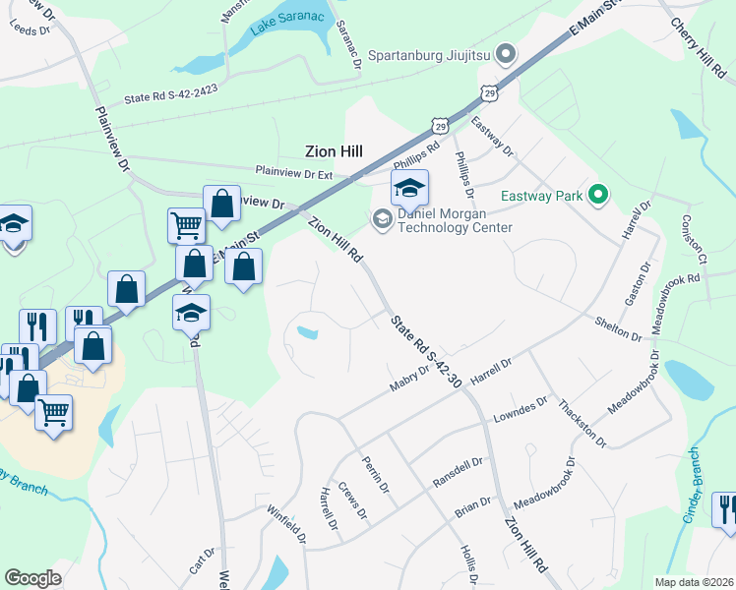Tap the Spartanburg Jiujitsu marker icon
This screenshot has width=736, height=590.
pyautogui.click(x=507, y=54)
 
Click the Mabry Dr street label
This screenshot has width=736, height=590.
pyautogui.click(x=410, y=378)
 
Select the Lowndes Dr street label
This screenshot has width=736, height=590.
pyautogui.click(x=521, y=409)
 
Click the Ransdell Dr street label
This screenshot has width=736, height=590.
pyautogui.click(x=458, y=473)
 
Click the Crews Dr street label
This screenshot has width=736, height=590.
pyautogui.click(x=351, y=501)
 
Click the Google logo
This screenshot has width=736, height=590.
pyautogui.click(x=32, y=578)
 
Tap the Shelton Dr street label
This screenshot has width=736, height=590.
pyautogui.click(x=619, y=327)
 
